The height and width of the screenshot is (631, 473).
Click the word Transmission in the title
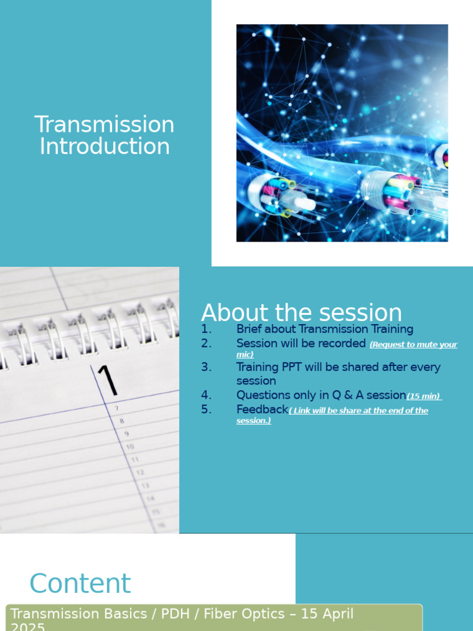[104, 124]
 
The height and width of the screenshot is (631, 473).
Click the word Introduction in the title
[104, 147]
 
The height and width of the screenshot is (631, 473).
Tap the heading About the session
[301, 313]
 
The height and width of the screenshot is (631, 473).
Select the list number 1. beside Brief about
[206, 329]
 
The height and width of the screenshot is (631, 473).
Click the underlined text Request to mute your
[413, 345]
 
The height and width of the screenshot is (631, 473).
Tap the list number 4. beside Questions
[206, 395]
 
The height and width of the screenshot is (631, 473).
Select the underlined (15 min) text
[424, 396]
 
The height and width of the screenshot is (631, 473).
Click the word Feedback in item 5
[262, 409]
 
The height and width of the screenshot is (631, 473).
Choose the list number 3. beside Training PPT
[206, 367]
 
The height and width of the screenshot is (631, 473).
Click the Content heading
[80, 583]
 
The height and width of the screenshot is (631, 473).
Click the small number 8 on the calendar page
[121, 421]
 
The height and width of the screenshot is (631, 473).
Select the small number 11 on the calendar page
[135, 460]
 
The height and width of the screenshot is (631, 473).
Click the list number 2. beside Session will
[206, 343]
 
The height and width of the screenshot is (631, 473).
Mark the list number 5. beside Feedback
[206, 409]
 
